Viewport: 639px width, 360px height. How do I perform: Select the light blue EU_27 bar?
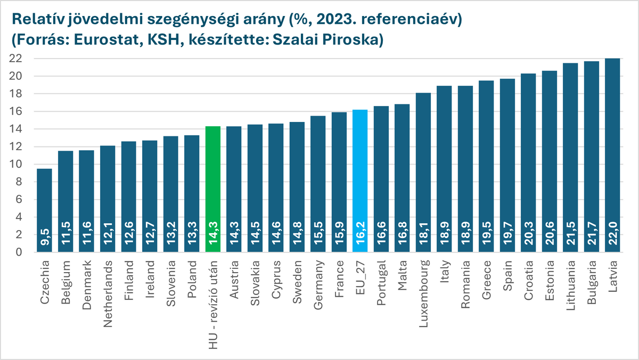361,176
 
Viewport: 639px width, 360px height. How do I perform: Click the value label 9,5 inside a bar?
44,239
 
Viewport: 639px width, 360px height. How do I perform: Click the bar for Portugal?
381,176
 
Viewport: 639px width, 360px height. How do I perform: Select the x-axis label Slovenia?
171,280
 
